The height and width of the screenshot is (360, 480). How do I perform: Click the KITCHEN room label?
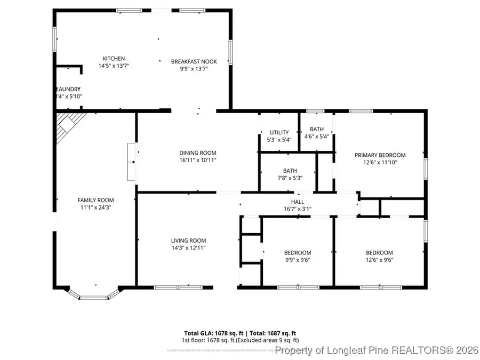(x=114, y=59)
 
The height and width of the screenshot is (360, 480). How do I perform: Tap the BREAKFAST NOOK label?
(x=194, y=61)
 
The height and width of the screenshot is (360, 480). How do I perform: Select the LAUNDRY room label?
(x=68, y=89)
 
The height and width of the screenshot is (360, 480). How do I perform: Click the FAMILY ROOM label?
(x=95, y=200)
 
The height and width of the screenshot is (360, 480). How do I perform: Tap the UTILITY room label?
(x=279, y=132)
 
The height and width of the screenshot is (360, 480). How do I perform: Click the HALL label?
(x=297, y=202)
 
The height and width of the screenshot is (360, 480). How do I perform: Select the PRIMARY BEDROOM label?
(x=380, y=155)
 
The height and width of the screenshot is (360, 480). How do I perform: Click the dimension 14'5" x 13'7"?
(x=114, y=66)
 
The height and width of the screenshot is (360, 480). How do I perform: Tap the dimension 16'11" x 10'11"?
(x=197, y=160)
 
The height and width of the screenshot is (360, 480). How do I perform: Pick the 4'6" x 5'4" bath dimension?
(x=316, y=136)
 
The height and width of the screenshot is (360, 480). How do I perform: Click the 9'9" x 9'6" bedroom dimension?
(x=297, y=260)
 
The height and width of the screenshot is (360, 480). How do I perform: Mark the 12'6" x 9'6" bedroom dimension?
(x=379, y=260)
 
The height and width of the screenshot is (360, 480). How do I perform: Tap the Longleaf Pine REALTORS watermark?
(x=376, y=350)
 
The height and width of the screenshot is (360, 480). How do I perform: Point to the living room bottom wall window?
(x=170, y=288)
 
